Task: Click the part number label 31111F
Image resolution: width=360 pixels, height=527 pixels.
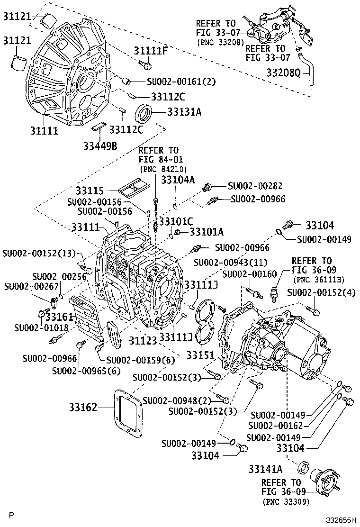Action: pos(150,51)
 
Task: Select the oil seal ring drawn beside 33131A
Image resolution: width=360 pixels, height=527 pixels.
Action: pos(145,114)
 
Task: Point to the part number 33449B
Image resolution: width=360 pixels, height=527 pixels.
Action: pos(100,145)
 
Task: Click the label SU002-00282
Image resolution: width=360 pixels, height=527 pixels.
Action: pos(256,186)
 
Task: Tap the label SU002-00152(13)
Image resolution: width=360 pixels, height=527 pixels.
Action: pos(39,253)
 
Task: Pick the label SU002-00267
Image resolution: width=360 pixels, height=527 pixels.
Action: pos(26,286)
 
